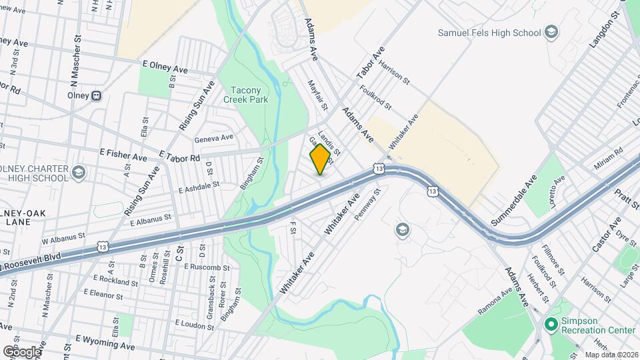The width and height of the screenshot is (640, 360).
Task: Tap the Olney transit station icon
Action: (97, 95)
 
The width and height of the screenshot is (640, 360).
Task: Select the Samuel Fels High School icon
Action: (551, 32)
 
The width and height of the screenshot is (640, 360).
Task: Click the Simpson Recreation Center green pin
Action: (551, 324)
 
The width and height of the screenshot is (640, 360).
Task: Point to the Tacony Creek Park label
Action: (249, 95)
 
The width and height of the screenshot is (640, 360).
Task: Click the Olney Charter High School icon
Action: (79, 173)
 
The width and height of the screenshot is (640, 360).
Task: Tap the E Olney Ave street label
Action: (165, 69)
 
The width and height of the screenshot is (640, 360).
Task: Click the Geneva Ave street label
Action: (213, 139)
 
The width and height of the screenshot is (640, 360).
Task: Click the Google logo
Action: (22, 351)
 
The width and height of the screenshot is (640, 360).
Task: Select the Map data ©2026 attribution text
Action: (611, 355)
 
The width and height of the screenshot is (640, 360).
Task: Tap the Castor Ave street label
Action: (606, 234)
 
